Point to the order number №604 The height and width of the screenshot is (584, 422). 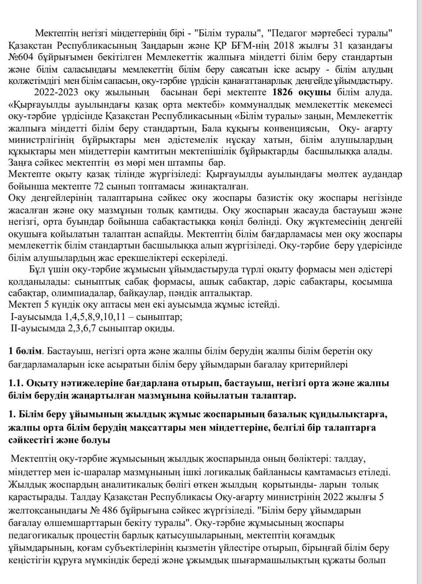coord(21,57)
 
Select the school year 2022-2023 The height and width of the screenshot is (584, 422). coord(56,92)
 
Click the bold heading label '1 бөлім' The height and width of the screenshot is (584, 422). coord(25,351)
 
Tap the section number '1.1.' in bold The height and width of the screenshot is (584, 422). coord(16,384)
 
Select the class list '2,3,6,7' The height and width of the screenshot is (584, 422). coord(82,328)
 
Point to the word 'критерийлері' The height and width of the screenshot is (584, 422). coord(317,364)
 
